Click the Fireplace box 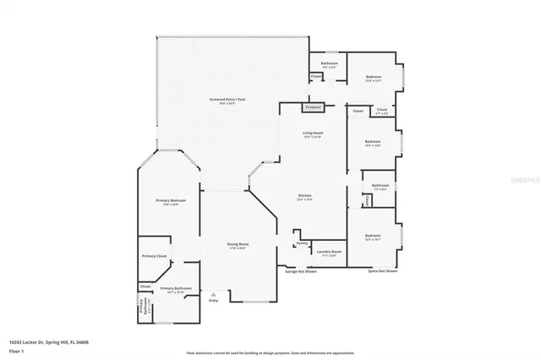pyautogui.click(x=313, y=108)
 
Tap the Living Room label pyautogui.click(x=314, y=134)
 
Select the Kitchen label pyautogui.click(x=304, y=196)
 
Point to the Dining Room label pyautogui.click(x=238, y=244)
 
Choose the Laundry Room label pyautogui.click(x=329, y=251)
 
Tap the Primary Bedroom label pyautogui.click(x=170, y=200)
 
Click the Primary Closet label pyautogui.click(x=154, y=255)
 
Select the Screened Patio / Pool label pyautogui.click(x=227, y=100)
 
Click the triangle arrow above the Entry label pyautogui.click(x=213, y=294)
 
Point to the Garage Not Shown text pyautogui.click(x=300, y=271)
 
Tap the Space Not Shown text pyautogui.click(x=382, y=271)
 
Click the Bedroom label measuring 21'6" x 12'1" pyautogui.click(x=374, y=78)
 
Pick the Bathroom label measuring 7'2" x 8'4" pyautogui.click(x=380, y=185)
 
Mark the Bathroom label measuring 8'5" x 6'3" pyautogui.click(x=330, y=63)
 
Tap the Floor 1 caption pyautogui.click(x=16, y=349)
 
